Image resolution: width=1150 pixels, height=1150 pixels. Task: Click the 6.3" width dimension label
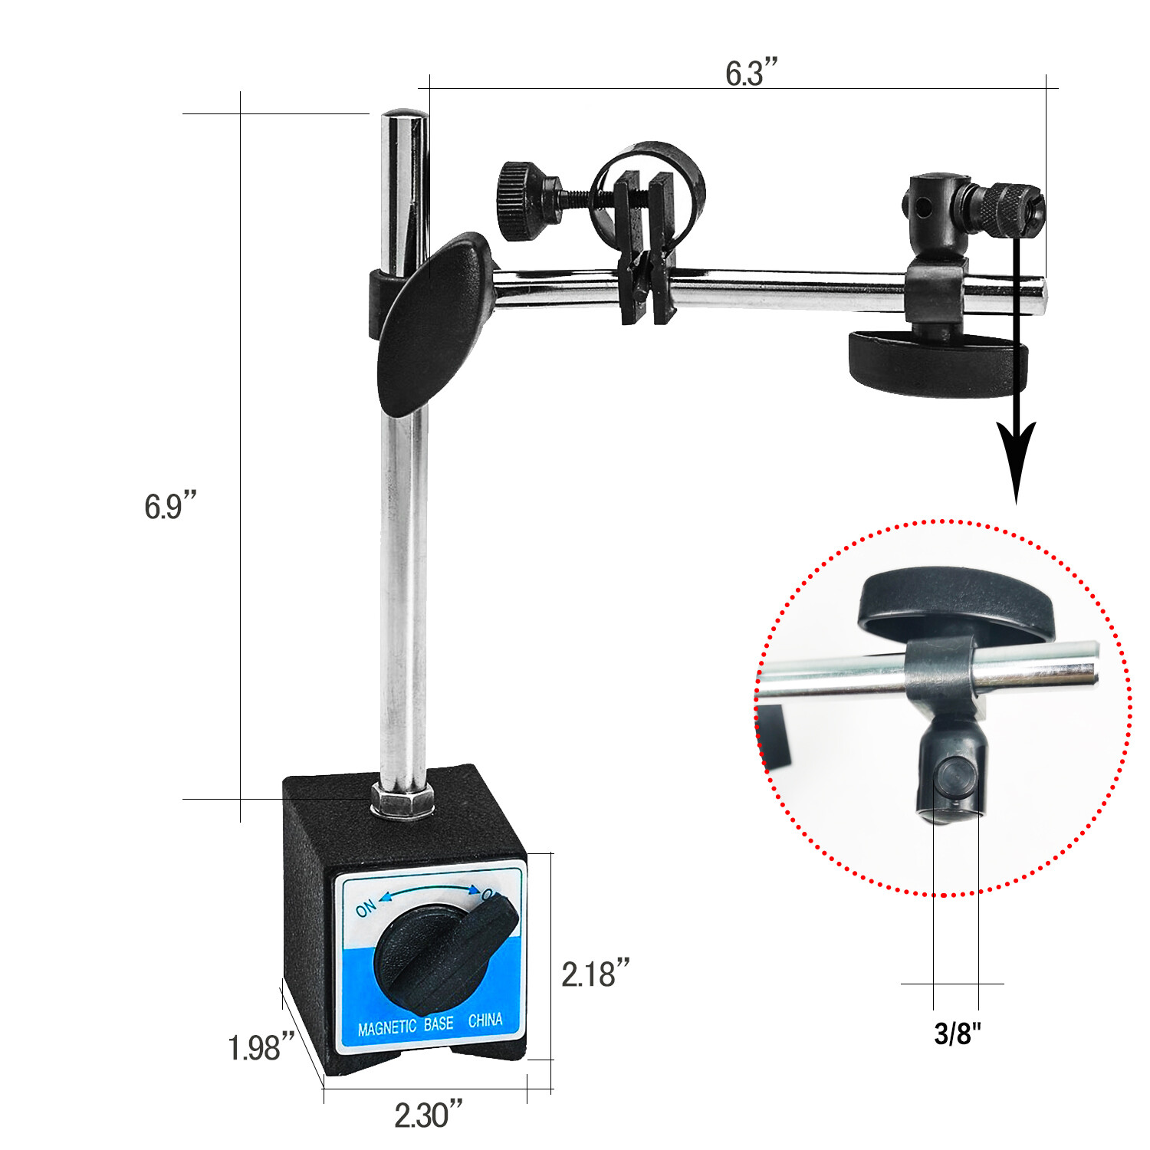[x=751, y=74]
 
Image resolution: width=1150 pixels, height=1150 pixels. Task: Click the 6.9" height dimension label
[x=170, y=507]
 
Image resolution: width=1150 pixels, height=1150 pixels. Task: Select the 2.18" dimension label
[x=595, y=974]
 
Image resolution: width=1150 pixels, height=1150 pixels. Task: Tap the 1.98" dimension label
[x=261, y=1048]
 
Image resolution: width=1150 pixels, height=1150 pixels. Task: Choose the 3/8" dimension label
[x=958, y=1034]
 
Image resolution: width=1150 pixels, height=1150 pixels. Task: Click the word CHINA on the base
[x=485, y=1020]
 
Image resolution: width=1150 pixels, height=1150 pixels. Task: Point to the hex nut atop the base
[x=402, y=801]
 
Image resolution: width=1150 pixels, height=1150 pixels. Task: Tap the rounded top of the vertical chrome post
[x=405, y=117]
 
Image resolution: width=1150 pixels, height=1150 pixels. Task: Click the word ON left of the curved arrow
[x=366, y=908]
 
